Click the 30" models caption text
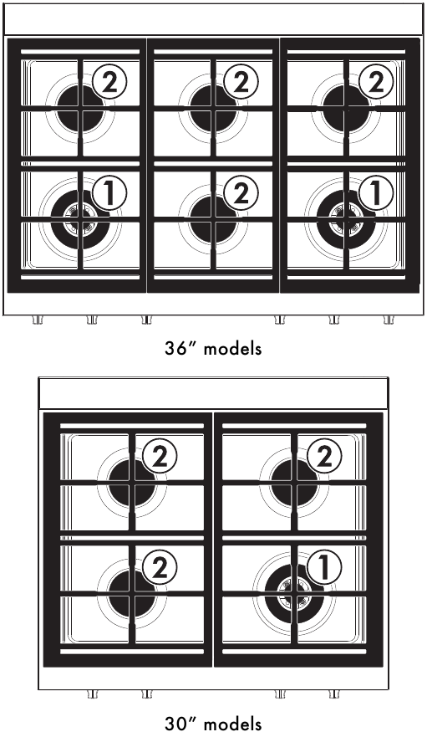(213, 723)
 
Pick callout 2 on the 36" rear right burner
(375, 81)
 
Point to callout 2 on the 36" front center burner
(241, 194)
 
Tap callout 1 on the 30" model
(323, 568)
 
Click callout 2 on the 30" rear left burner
(160, 456)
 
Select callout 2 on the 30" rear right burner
(323, 456)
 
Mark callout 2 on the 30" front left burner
(160, 568)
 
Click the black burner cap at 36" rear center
(212, 108)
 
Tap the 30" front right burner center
(294, 595)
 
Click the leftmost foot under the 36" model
(38, 320)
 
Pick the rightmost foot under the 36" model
(389, 320)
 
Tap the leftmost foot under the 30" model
(92, 693)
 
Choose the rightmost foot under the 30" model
(334, 693)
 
